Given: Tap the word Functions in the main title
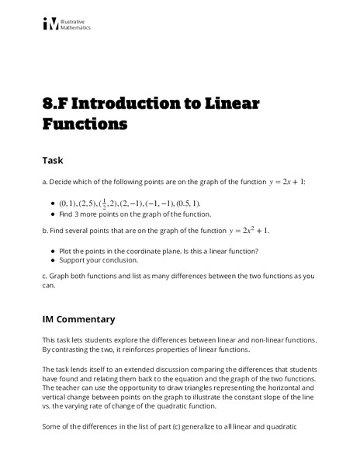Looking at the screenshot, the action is (85, 123).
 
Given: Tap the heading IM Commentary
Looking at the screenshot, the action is (78, 318).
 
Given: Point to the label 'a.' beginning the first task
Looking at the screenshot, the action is (45, 183).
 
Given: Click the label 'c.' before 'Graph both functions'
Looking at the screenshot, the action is (45, 276).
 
